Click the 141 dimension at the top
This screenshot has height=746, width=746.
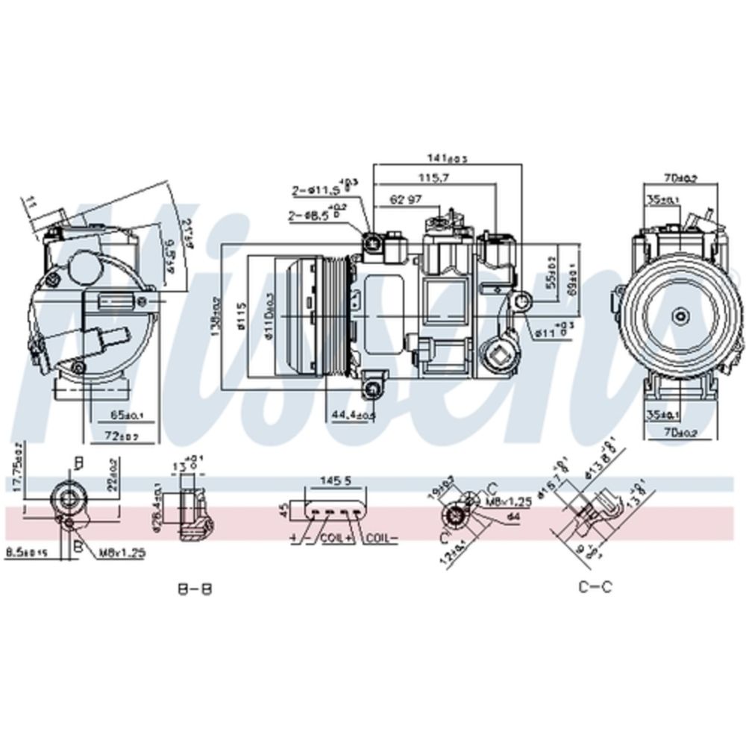[446, 158]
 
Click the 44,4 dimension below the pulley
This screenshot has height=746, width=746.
[353, 414]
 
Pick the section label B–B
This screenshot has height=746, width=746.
[195, 589]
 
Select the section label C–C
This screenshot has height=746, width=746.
[595, 586]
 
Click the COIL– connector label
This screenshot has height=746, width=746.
[381, 537]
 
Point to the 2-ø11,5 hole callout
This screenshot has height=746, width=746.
[319, 190]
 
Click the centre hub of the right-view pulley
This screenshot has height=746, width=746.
[680, 316]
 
